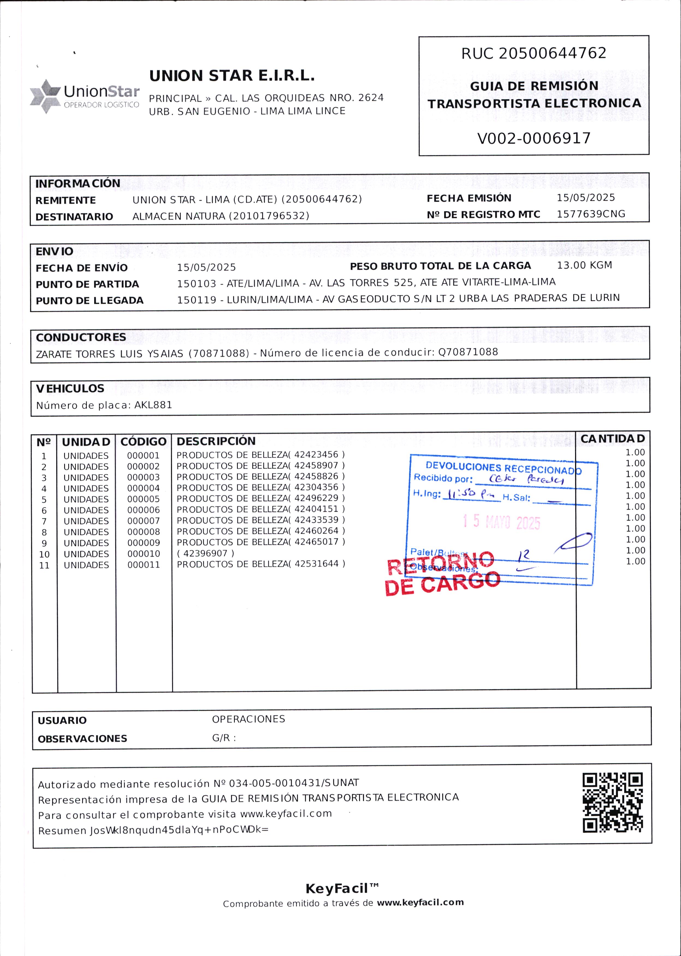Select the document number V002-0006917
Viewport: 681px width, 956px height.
[534, 138]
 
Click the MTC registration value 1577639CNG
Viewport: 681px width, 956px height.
[590, 214]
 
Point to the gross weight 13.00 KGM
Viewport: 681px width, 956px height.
[584, 265]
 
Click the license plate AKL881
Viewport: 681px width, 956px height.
[153, 405]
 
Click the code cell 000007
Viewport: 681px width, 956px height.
[143, 521]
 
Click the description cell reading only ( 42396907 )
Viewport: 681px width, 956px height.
[205, 553]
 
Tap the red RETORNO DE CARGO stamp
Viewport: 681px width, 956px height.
[442, 573]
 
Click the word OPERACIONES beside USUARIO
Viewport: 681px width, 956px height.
[248, 719]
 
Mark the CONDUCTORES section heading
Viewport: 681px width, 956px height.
[81, 337]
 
